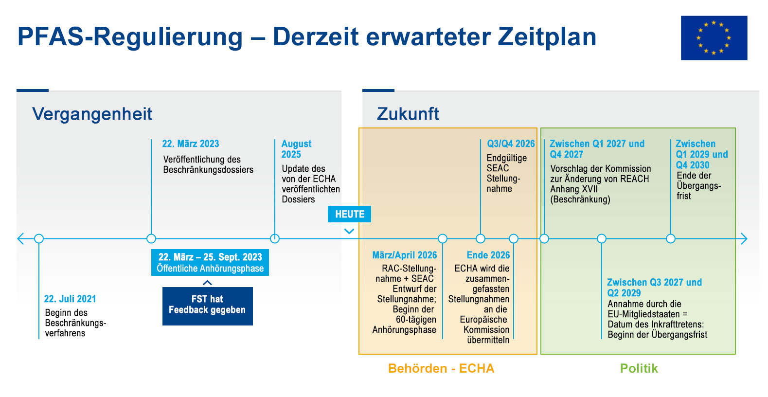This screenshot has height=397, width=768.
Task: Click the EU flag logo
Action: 714,38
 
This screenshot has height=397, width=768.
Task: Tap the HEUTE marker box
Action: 349,214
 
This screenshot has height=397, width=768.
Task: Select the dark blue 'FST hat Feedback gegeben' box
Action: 207,306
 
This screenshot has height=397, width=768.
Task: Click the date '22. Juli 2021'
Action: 70,299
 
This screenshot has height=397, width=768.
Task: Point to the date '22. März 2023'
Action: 191,144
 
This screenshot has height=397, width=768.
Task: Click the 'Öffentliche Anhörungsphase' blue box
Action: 210,263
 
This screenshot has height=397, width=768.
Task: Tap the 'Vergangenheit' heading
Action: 92,114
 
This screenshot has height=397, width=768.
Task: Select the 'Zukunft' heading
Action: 408,114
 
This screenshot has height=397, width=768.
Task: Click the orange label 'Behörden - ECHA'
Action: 441,368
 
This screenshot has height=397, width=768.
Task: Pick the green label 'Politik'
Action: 639,368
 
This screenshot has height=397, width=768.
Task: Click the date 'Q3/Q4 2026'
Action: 511,144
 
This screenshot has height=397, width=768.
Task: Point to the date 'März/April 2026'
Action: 404,255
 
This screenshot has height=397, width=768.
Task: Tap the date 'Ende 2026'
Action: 488,255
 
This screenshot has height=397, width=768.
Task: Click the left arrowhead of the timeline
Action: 20,238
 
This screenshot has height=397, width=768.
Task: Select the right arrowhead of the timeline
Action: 744,238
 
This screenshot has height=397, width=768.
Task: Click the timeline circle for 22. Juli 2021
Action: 39,238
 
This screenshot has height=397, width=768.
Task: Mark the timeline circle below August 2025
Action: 275,238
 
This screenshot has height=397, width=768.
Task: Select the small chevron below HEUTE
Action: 349,231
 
